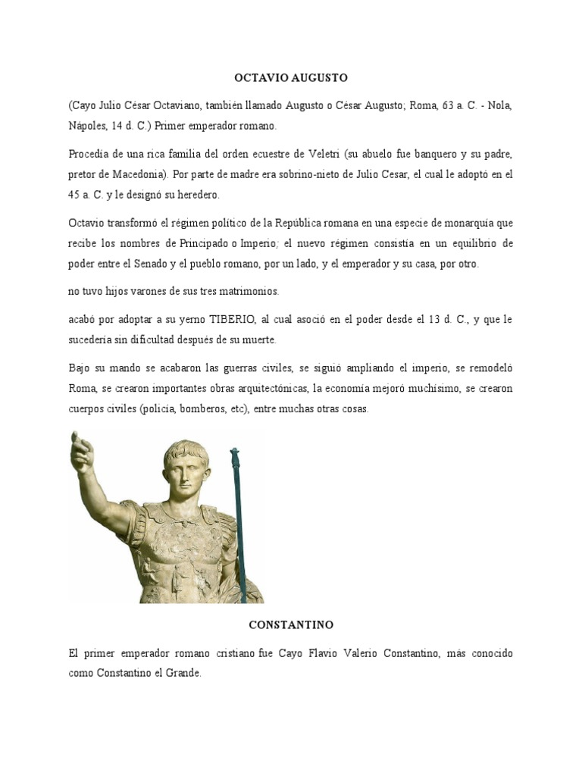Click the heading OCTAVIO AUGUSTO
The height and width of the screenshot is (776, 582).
coord(290,78)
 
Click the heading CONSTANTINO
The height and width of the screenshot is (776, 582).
coord(291,625)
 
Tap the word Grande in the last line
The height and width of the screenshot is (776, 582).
coord(183,672)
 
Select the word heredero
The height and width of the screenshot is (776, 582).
coord(196,195)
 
